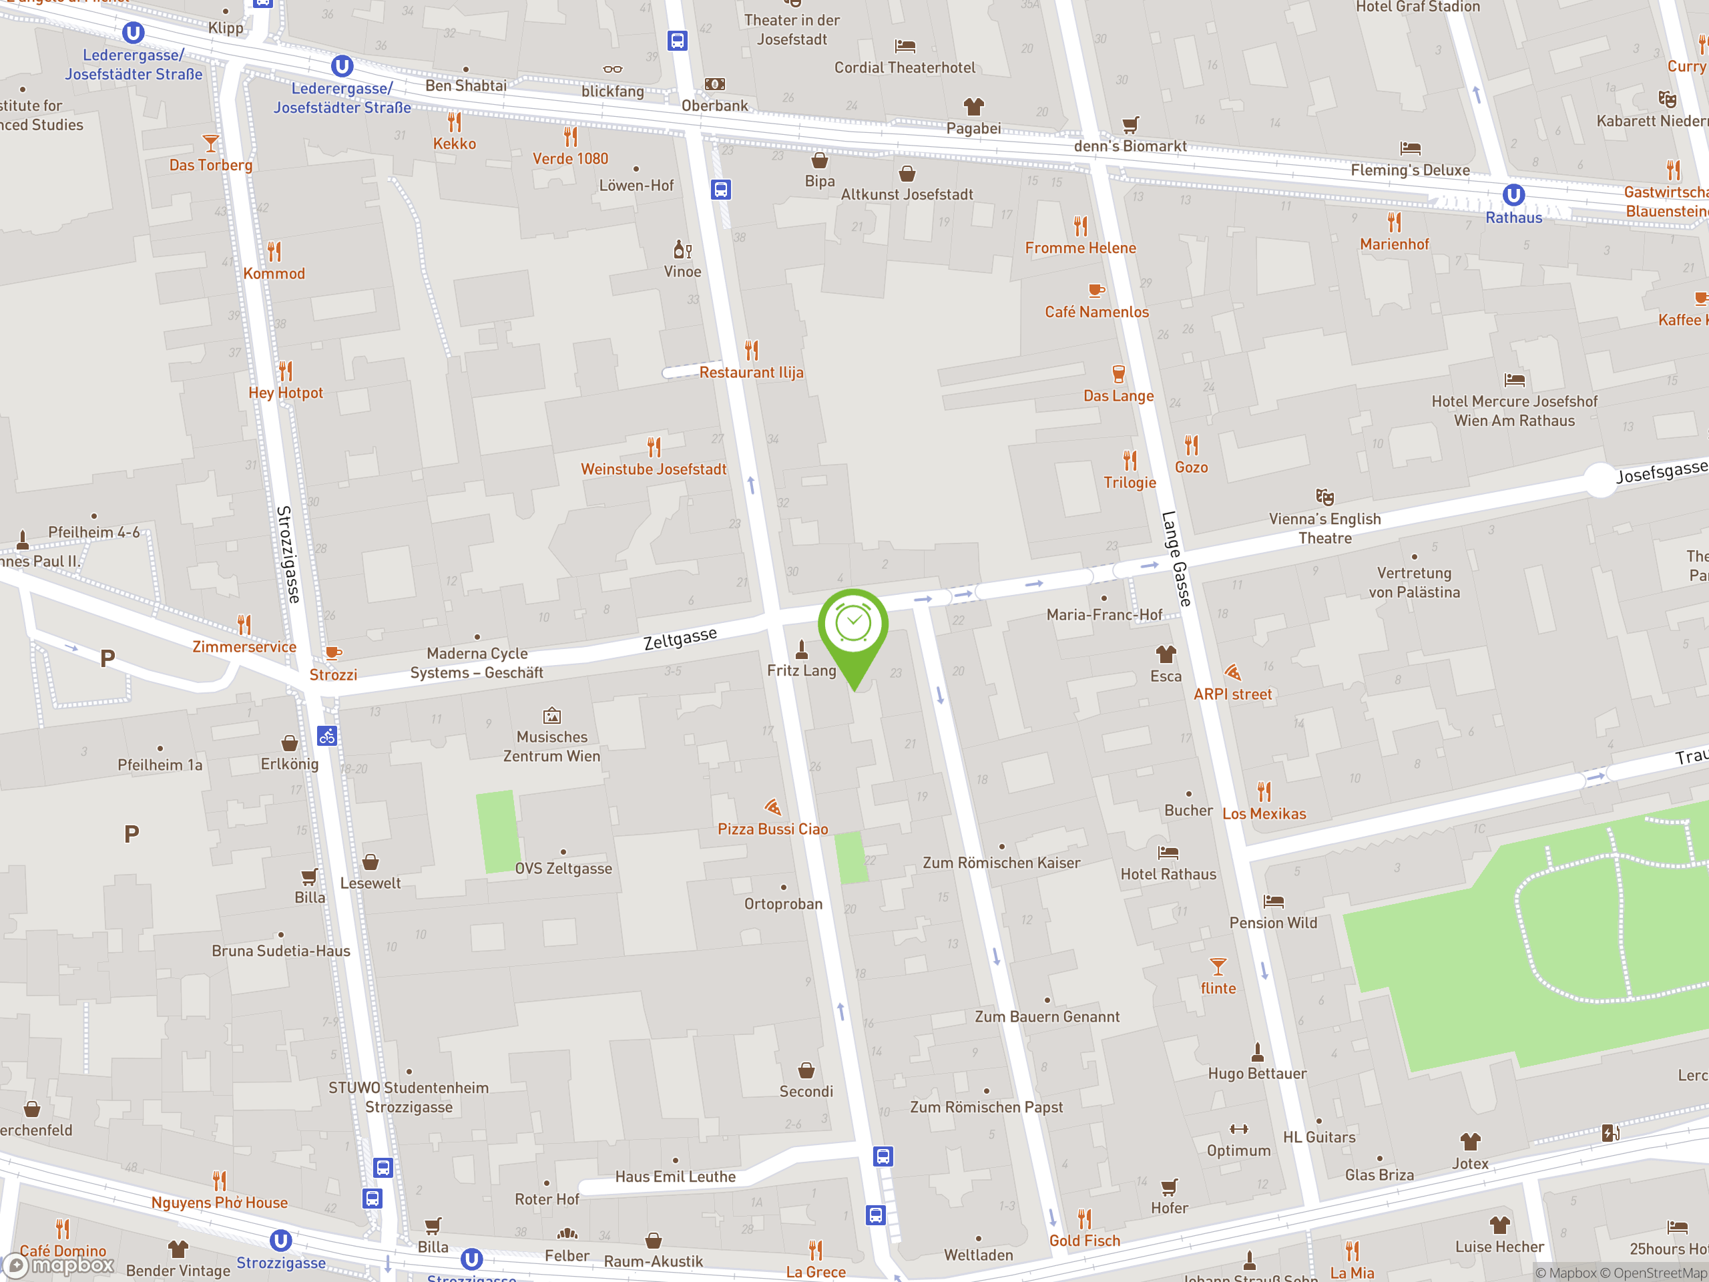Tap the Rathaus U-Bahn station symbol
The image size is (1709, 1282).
tap(1513, 195)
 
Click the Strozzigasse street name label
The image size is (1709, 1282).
tap(288, 554)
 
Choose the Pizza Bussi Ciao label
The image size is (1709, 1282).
tap(772, 829)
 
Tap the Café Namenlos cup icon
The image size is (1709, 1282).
tap(1095, 290)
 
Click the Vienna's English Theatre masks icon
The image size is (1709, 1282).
tap(1324, 496)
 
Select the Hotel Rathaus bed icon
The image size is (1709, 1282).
tap(1168, 853)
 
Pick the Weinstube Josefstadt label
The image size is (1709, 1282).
tap(654, 469)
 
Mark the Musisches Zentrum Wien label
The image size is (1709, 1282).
tap(551, 746)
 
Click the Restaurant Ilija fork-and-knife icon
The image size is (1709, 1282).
tap(751, 350)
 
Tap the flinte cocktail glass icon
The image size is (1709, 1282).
tap(1218, 967)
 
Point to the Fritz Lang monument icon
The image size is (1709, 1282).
tap(802, 648)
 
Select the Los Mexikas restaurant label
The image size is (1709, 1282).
tap(1264, 814)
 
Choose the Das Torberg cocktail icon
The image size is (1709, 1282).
tap(210, 143)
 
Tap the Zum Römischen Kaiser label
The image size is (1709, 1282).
tap(1001, 863)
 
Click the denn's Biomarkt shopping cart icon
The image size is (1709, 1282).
tap(1130, 124)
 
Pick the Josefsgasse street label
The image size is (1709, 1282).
tap(1661, 471)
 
